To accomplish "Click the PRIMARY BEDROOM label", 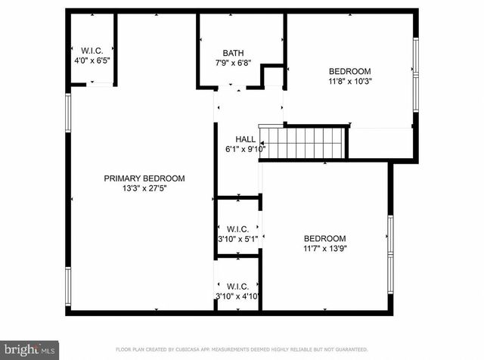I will pyautogui.click(x=144, y=178).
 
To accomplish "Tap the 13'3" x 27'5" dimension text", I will pyautogui.click(x=144, y=188).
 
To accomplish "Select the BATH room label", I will pyautogui.click(x=233, y=53).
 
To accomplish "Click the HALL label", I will pyautogui.click(x=245, y=139).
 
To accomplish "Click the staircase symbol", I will pyautogui.click(x=302, y=142).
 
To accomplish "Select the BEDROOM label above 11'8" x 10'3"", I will pyautogui.click(x=350, y=70).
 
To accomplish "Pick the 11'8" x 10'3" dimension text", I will pyautogui.click(x=350, y=80).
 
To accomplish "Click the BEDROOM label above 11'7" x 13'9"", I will pyautogui.click(x=324, y=237).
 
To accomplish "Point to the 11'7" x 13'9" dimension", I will pyautogui.click(x=324, y=247).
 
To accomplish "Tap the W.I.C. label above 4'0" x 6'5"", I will pyautogui.click(x=92, y=50).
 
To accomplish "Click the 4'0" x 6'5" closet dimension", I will pyautogui.click(x=92, y=60).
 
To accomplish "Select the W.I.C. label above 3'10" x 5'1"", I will pyautogui.click(x=237, y=228).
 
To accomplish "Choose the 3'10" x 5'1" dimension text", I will pyautogui.click(x=237, y=239).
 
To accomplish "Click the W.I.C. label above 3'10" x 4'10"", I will pyautogui.click(x=237, y=286).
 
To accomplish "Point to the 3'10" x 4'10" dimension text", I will pyautogui.click(x=237, y=296).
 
